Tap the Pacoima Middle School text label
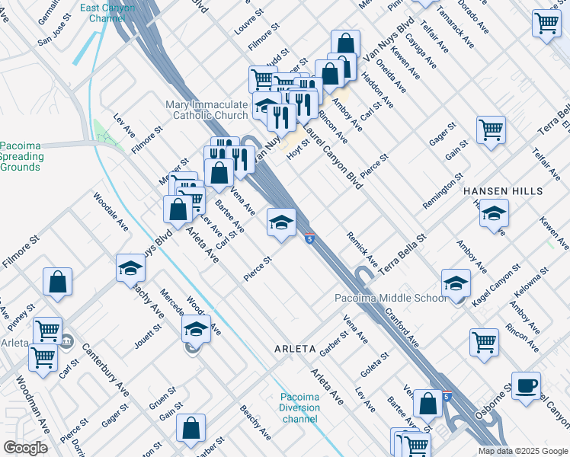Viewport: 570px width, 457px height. coord(390,298)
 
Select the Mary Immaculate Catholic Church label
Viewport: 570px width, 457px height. coord(207,110)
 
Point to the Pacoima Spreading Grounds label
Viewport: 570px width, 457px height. coord(21,156)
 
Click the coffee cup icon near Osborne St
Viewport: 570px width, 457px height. coord(526,385)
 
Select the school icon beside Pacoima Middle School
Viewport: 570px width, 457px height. coord(456,283)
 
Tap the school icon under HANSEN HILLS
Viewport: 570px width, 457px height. coord(494,213)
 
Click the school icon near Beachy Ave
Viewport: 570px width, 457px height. coord(131,268)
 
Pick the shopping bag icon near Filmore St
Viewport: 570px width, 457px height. coord(58,282)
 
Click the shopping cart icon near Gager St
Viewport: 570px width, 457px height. coord(491,129)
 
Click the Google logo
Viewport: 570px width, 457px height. coord(25,448)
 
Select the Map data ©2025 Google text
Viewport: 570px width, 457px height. coord(523,451)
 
